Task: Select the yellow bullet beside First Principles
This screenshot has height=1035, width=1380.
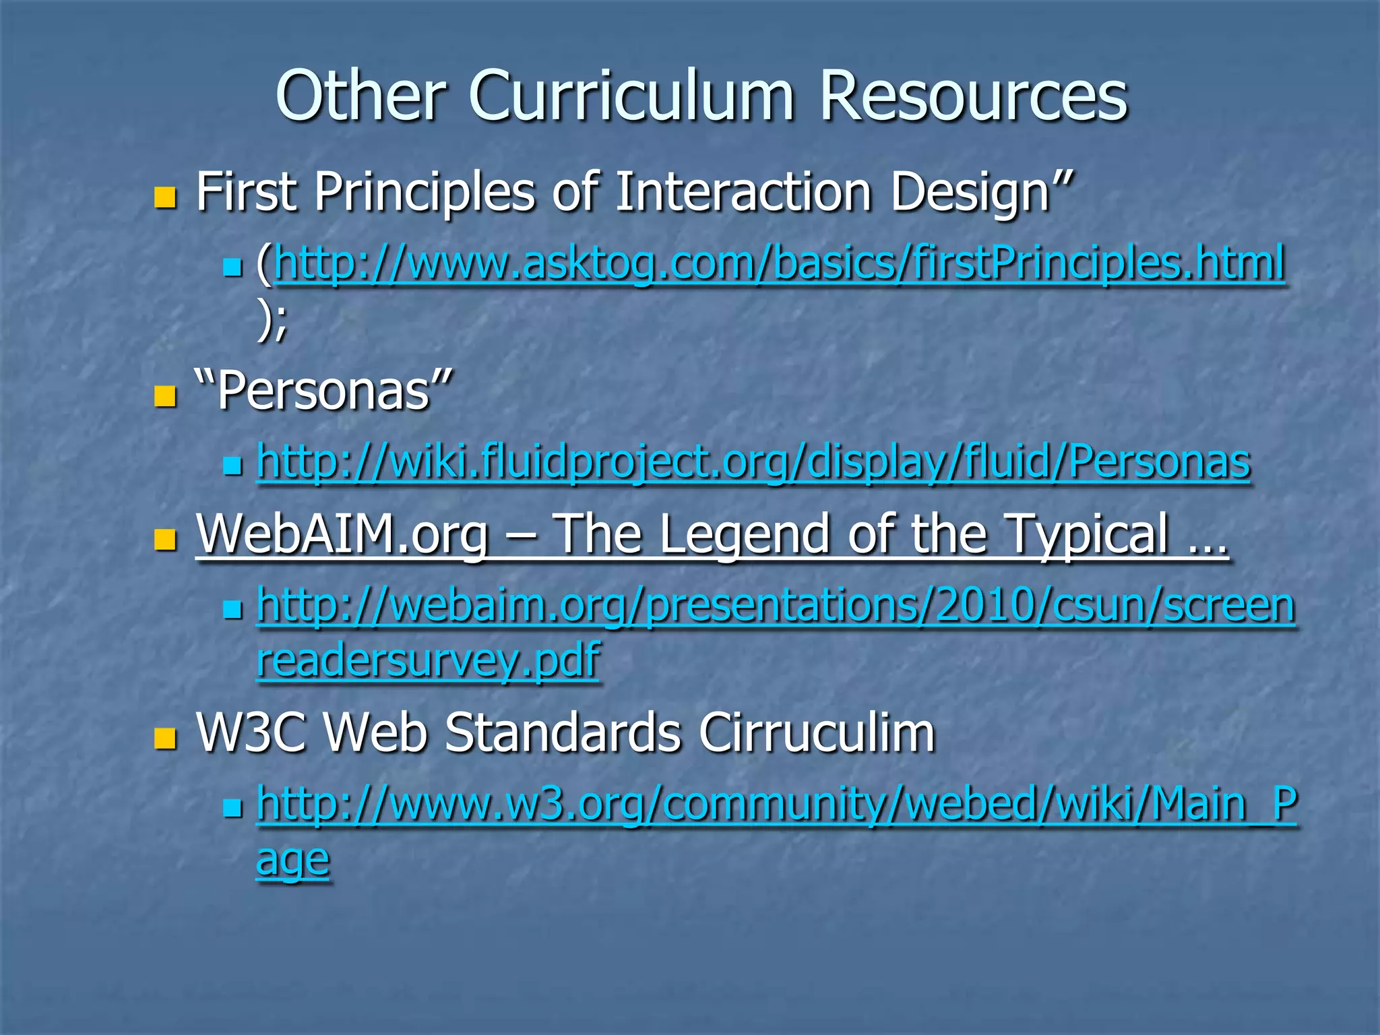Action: pyautogui.click(x=164, y=197)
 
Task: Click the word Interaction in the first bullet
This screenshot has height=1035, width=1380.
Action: pyautogui.click(x=744, y=193)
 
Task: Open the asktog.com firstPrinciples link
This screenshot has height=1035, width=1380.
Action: pyautogui.click(x=780, y=263)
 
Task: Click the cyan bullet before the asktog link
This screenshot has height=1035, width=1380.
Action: pyautogui.click(x=232, y=268)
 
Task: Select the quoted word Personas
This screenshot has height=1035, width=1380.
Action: pyautogui.click(x=323, y=391)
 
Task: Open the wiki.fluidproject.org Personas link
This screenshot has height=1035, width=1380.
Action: pyautogui.click(x=753, y=462)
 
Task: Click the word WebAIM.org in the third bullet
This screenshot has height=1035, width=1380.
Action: pyautogui.click(x=342, y=534)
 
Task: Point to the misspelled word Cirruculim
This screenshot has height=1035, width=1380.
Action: pyautogui.click(x=817, y=733)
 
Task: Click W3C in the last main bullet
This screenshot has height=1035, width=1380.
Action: pyautogui.click(x=251, y=733)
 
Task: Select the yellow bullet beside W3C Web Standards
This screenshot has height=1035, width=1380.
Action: pyautogui.click(x=164, y=739)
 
